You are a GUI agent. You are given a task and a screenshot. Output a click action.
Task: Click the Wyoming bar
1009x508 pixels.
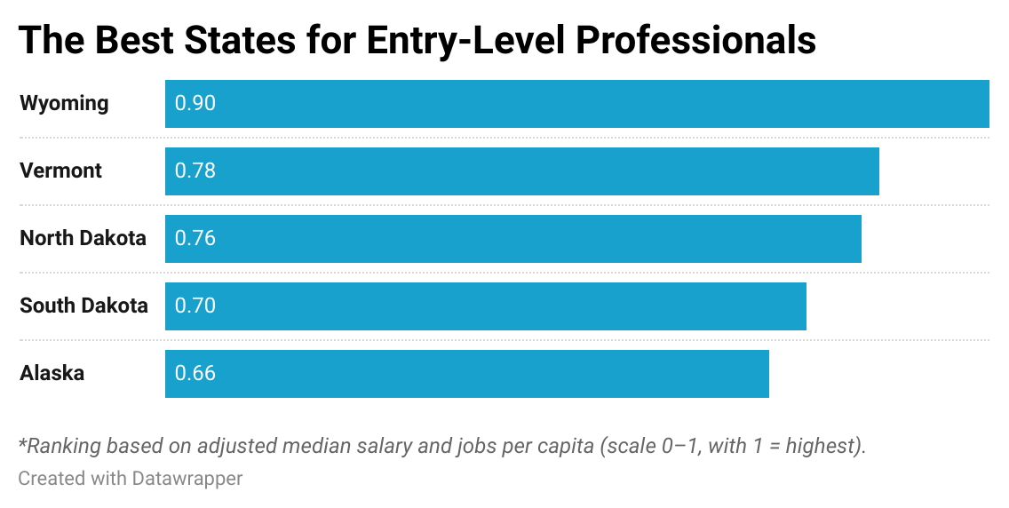[577, 104]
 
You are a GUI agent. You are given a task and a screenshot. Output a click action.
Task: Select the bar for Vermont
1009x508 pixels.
[522, 171]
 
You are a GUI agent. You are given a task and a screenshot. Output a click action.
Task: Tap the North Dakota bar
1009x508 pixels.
[513, 239]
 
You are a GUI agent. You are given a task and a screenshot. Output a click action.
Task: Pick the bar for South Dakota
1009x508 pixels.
[486, 306]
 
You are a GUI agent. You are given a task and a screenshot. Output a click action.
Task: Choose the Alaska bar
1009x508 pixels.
[467, 374]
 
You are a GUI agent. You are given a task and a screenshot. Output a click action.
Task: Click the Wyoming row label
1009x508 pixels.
[64, 104]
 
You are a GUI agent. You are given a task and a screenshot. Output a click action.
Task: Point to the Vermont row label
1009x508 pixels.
[60, 171]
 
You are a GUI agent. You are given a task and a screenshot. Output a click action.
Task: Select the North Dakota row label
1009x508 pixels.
[83, 239]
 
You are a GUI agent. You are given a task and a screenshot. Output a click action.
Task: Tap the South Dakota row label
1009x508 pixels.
[83, 306]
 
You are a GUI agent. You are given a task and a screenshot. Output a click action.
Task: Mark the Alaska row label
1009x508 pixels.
[52, 374]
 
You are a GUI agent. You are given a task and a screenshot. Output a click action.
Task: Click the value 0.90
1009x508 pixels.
[195, 104]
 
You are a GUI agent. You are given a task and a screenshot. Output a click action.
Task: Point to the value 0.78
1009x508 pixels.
[195, 171]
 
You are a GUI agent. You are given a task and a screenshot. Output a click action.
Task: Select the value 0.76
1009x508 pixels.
[195, 239]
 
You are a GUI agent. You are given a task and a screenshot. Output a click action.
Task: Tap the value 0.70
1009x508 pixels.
[195, 306]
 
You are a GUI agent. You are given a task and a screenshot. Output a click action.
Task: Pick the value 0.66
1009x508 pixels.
[195, 374]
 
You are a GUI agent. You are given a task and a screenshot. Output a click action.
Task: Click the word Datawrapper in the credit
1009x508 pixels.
[187, 479]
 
